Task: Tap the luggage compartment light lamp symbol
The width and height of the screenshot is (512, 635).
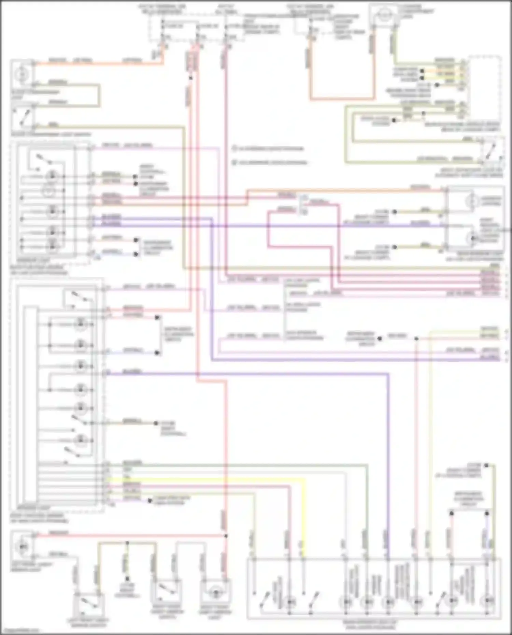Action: pyautogui.click(x=385, y=14)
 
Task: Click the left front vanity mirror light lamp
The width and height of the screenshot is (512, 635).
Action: pyautogui.click(x=23, y=546)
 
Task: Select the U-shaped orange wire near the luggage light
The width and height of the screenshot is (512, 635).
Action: pyautogui.click(x=341, y=99)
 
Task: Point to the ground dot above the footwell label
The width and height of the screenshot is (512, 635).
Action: pyautogui.click(x=127, y=579)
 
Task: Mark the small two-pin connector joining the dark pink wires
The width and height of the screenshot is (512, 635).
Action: pyautogui.click(x=303, y=205)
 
